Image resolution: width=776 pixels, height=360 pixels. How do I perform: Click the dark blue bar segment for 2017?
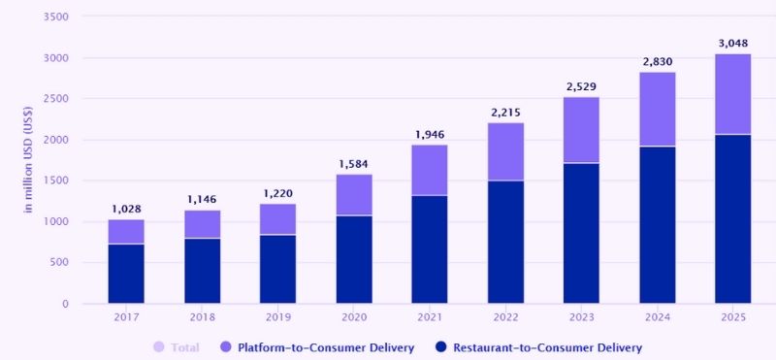pyautogui.click(x=126, y=274)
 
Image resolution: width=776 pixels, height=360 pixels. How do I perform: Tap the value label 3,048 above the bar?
pyautogui.click(x=732, y=42)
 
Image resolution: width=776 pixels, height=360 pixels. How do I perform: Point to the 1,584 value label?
pyautogui.click(x=353, y=163)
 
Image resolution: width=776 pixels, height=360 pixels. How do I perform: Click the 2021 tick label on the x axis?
pyautogui.click(x=429, y=318)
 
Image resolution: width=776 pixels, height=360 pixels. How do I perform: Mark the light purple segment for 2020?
pyautogui.click(x=353, y=195)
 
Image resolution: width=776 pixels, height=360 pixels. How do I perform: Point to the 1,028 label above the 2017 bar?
pyautogui.click(x=126, y=209)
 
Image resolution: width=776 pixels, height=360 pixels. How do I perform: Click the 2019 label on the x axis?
pyautogui.click(x=277, y=318)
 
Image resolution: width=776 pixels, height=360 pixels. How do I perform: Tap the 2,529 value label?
pyautogui.click(x=581, y=85)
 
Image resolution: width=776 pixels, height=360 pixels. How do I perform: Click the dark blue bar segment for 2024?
pyautogui.click(x=657, y=225)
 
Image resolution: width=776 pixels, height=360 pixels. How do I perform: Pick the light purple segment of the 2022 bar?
pyautogui.click(x=505, y=151)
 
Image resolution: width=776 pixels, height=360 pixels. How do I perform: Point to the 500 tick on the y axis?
pyautogui.click(x=59, y=262)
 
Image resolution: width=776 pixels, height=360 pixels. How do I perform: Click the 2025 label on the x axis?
pyautogui.click(x=732, y=318)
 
